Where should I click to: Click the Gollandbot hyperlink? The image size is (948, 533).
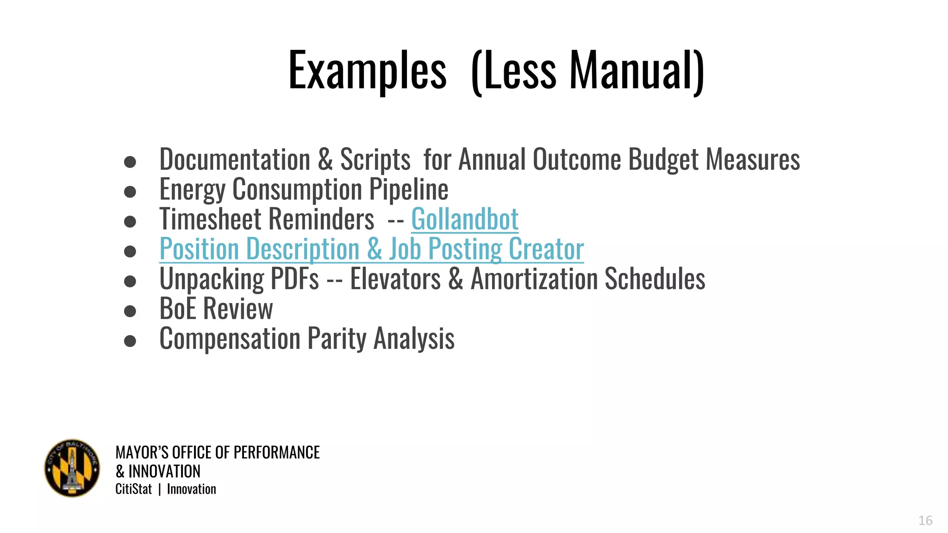(465, 219)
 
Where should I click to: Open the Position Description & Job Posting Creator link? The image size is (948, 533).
(371, 249)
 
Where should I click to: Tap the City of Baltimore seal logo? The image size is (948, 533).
(72, 468)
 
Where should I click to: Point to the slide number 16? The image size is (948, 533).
(925, 521)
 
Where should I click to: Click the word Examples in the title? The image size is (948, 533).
(367, 71)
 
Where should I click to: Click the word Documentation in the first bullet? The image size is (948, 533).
(235, 160)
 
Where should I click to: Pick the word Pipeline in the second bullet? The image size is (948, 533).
(408, 189)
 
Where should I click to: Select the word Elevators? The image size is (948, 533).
(395, 279)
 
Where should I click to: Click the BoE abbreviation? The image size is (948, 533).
(178, 309)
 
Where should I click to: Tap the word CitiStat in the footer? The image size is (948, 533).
(133, 489)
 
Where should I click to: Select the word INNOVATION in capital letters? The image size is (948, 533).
(164, 471)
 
